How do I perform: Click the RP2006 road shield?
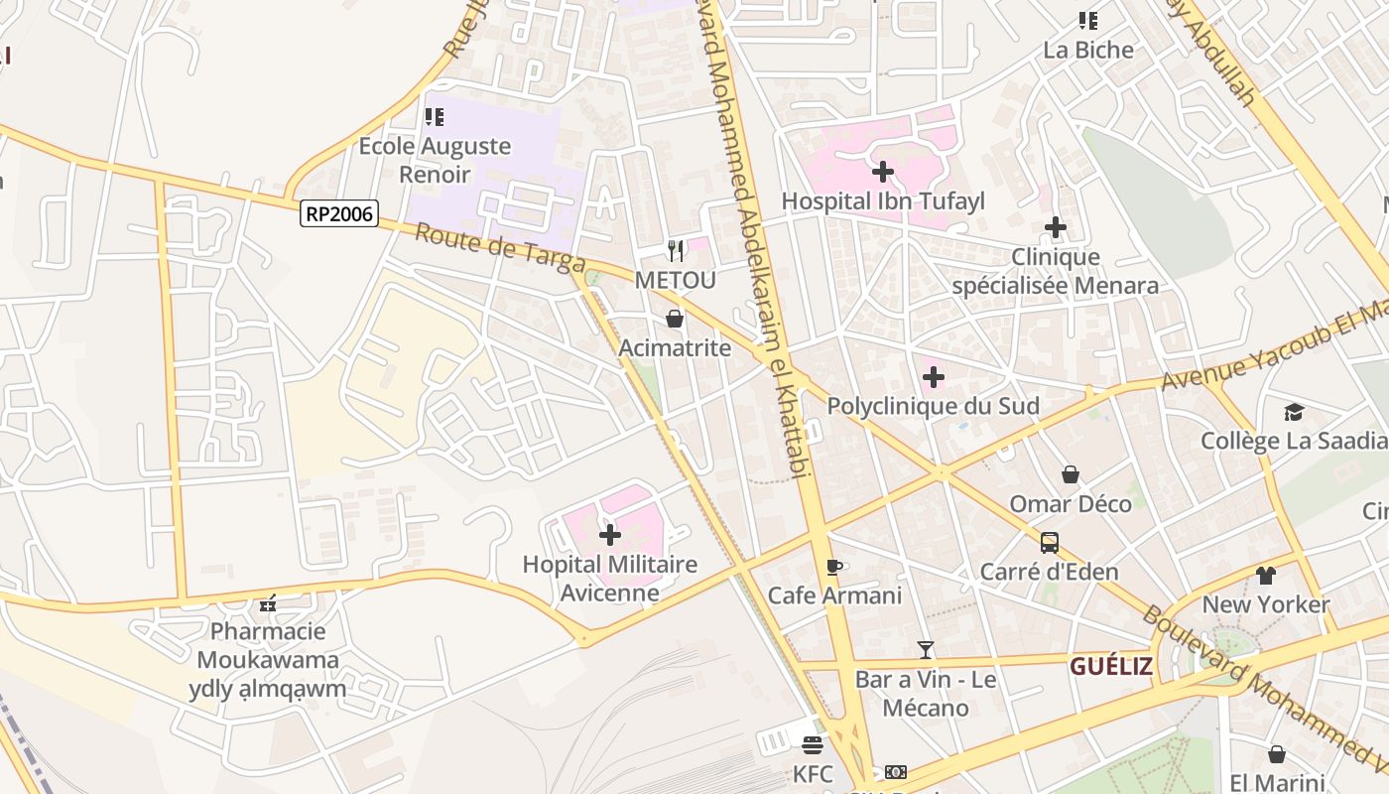(340, 212)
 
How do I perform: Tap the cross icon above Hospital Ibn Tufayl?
(882, 172)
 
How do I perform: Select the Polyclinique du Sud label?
(933, 406)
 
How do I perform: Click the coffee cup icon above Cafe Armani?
(833, 567)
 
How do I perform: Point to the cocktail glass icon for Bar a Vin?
(926, 650)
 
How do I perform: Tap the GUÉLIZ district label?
(1111, 666)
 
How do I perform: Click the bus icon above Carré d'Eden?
(1049, 543)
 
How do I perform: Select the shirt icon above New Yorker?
(1265, 575)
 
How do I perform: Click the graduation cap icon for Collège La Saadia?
(1294, 412)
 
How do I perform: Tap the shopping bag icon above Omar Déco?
(1070, 475)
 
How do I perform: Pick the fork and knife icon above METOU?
(675, 250)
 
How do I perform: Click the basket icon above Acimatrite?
(675, 319)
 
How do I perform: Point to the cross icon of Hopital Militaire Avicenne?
(610, 536)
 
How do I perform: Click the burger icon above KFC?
(813, 744)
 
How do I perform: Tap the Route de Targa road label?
(499, 248)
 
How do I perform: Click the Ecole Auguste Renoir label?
(435, 160)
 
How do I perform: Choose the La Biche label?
(1087, 50)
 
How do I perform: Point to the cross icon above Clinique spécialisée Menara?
(1055, 228)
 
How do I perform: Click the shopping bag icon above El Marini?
(1277, 754)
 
